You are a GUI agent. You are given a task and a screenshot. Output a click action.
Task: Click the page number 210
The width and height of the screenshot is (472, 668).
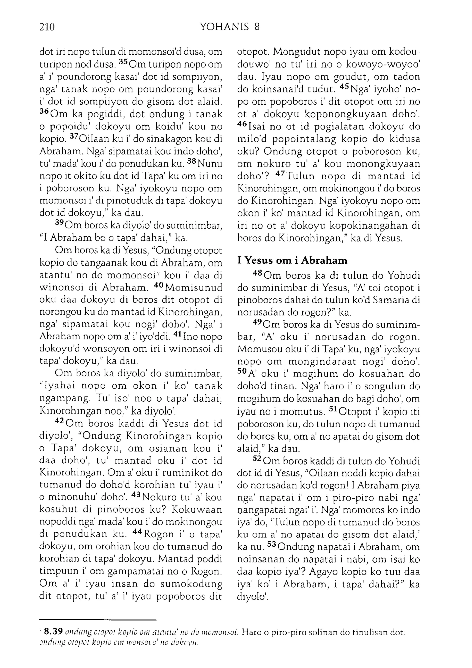point(47,27)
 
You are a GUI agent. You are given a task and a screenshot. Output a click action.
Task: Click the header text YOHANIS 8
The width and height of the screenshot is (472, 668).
point(230,27)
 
